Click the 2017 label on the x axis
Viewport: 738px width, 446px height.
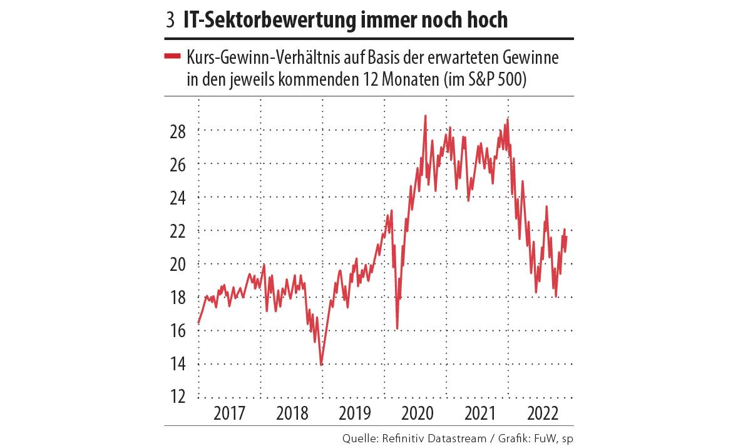228,415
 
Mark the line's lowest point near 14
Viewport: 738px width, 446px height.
321,364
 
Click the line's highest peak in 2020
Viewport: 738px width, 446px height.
426,116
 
